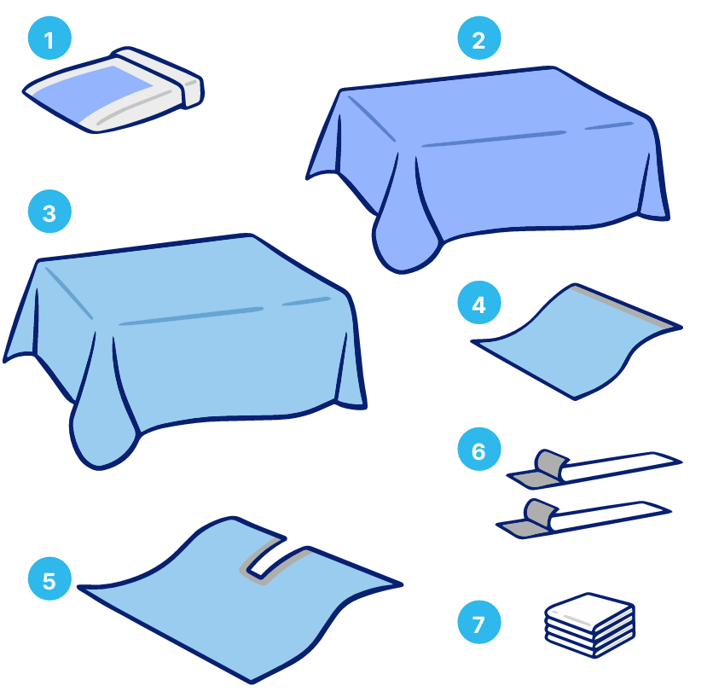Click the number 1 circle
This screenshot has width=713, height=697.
pos(49,38)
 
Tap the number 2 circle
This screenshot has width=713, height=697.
pos(479,38)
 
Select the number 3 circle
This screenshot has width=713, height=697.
pos(49,212)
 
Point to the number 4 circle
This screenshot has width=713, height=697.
pos(479,303)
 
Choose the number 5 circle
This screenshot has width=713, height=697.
pos(49,578)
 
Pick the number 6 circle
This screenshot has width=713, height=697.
pos(479,449)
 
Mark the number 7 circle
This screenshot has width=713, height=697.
pos(479,622)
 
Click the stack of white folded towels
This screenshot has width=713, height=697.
pos(590,625)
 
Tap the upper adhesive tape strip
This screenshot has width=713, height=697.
pos(594,470)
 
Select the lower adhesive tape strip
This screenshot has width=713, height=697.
pos(583,519)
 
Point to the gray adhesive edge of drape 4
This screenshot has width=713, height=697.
pos(624,306)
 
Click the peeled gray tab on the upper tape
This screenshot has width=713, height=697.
pos(551,463)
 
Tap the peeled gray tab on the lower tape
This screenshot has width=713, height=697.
pos(540,513)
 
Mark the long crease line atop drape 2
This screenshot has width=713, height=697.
pos(494,139)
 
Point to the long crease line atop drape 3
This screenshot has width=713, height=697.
pos(191,317)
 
